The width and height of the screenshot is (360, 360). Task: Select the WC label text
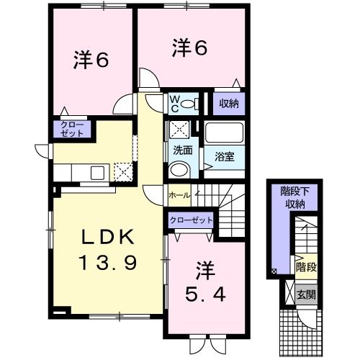(175, 103)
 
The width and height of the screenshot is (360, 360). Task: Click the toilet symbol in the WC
(189, 104)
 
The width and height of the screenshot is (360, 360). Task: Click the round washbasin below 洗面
(179, 169)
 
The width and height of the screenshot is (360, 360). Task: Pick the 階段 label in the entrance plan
(306, 266)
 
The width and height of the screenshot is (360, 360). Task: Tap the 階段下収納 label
(294, 197)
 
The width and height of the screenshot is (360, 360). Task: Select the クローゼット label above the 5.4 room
(192, 220)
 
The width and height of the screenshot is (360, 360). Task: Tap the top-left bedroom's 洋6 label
(91, 60)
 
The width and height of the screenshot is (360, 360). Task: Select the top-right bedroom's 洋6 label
(190, 48)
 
